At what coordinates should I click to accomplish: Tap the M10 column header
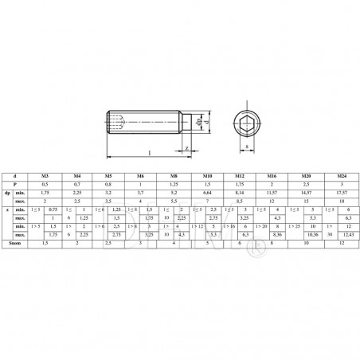[206, 174]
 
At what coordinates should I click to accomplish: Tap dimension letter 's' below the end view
[238, 147]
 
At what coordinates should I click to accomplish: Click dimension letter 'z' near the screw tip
[186, 147]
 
